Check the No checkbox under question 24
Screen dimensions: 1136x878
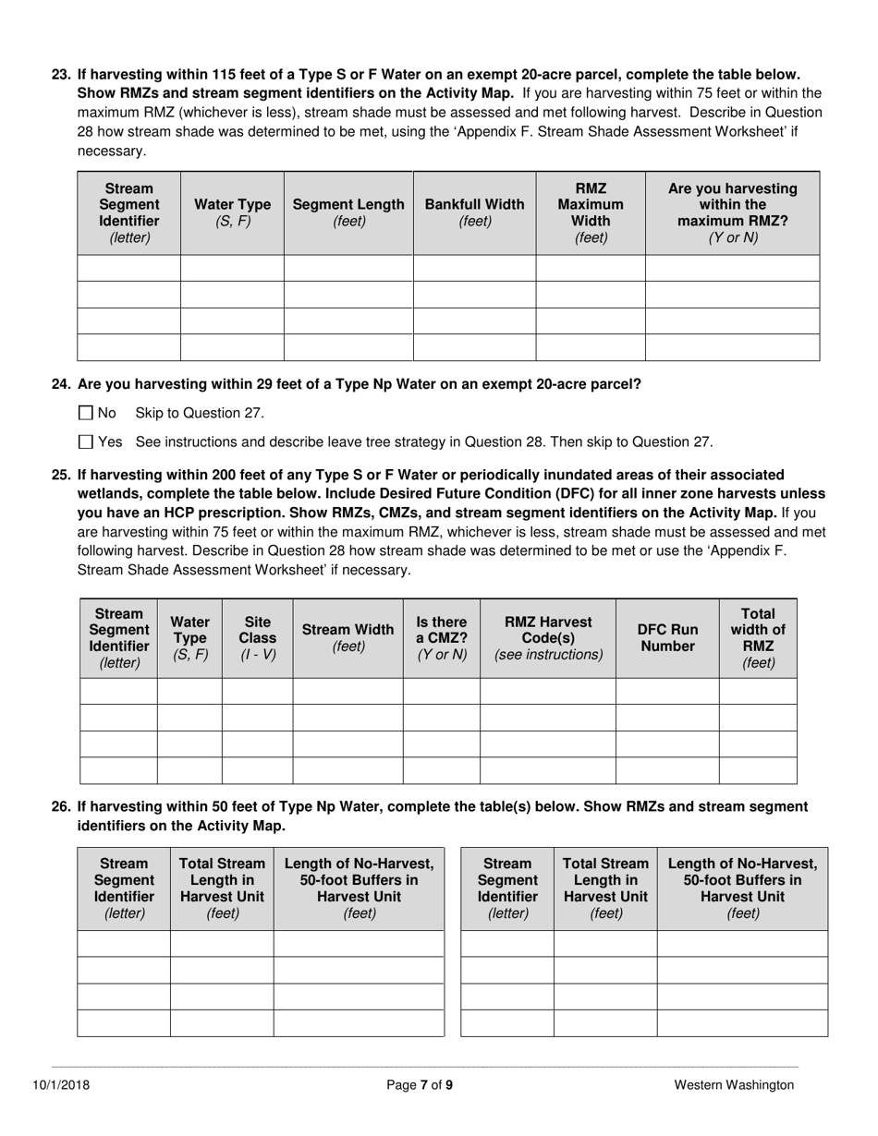pyautogui.click(x=86, y=413)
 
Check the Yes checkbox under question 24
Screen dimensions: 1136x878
pyautogui.click(x=86, y=442)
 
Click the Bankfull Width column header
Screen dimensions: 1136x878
pyautogui.click(x=474, y=213)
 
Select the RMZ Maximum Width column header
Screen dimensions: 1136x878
pyautogui.click(x=591, y=213)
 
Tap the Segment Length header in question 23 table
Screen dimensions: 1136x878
pyautogui.click(x=348, y=213)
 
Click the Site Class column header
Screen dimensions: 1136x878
pyautogui.click(x=257, y=638)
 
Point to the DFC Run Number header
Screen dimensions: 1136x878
pyautogui.click(x=667, y=638)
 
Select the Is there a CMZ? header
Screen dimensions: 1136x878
pyautogui.click(x=441, y=638)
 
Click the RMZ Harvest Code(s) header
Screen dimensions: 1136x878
pyautogui.click(x=548, y=638)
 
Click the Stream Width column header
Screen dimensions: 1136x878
pyautogui.click(x=348, y=638)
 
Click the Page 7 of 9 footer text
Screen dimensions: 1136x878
pyautogui.click(x=420, y=1085)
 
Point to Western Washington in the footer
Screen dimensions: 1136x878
pyautogui.click(x=733, y=1085)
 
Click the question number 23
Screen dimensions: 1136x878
pyautogui.click(x=61, y=74)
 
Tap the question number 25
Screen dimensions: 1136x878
pyautogui.click(x=61, y=475)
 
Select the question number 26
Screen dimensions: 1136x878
pyautogui.click(x=61, y=806)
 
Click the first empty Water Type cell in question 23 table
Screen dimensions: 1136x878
pyautogui.click(x=232, y=269)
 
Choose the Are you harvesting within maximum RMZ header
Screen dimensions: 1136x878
pyautogui.click(x=732, y=213)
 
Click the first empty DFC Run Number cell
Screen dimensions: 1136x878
pyautogui.click(x=667, y=692)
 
